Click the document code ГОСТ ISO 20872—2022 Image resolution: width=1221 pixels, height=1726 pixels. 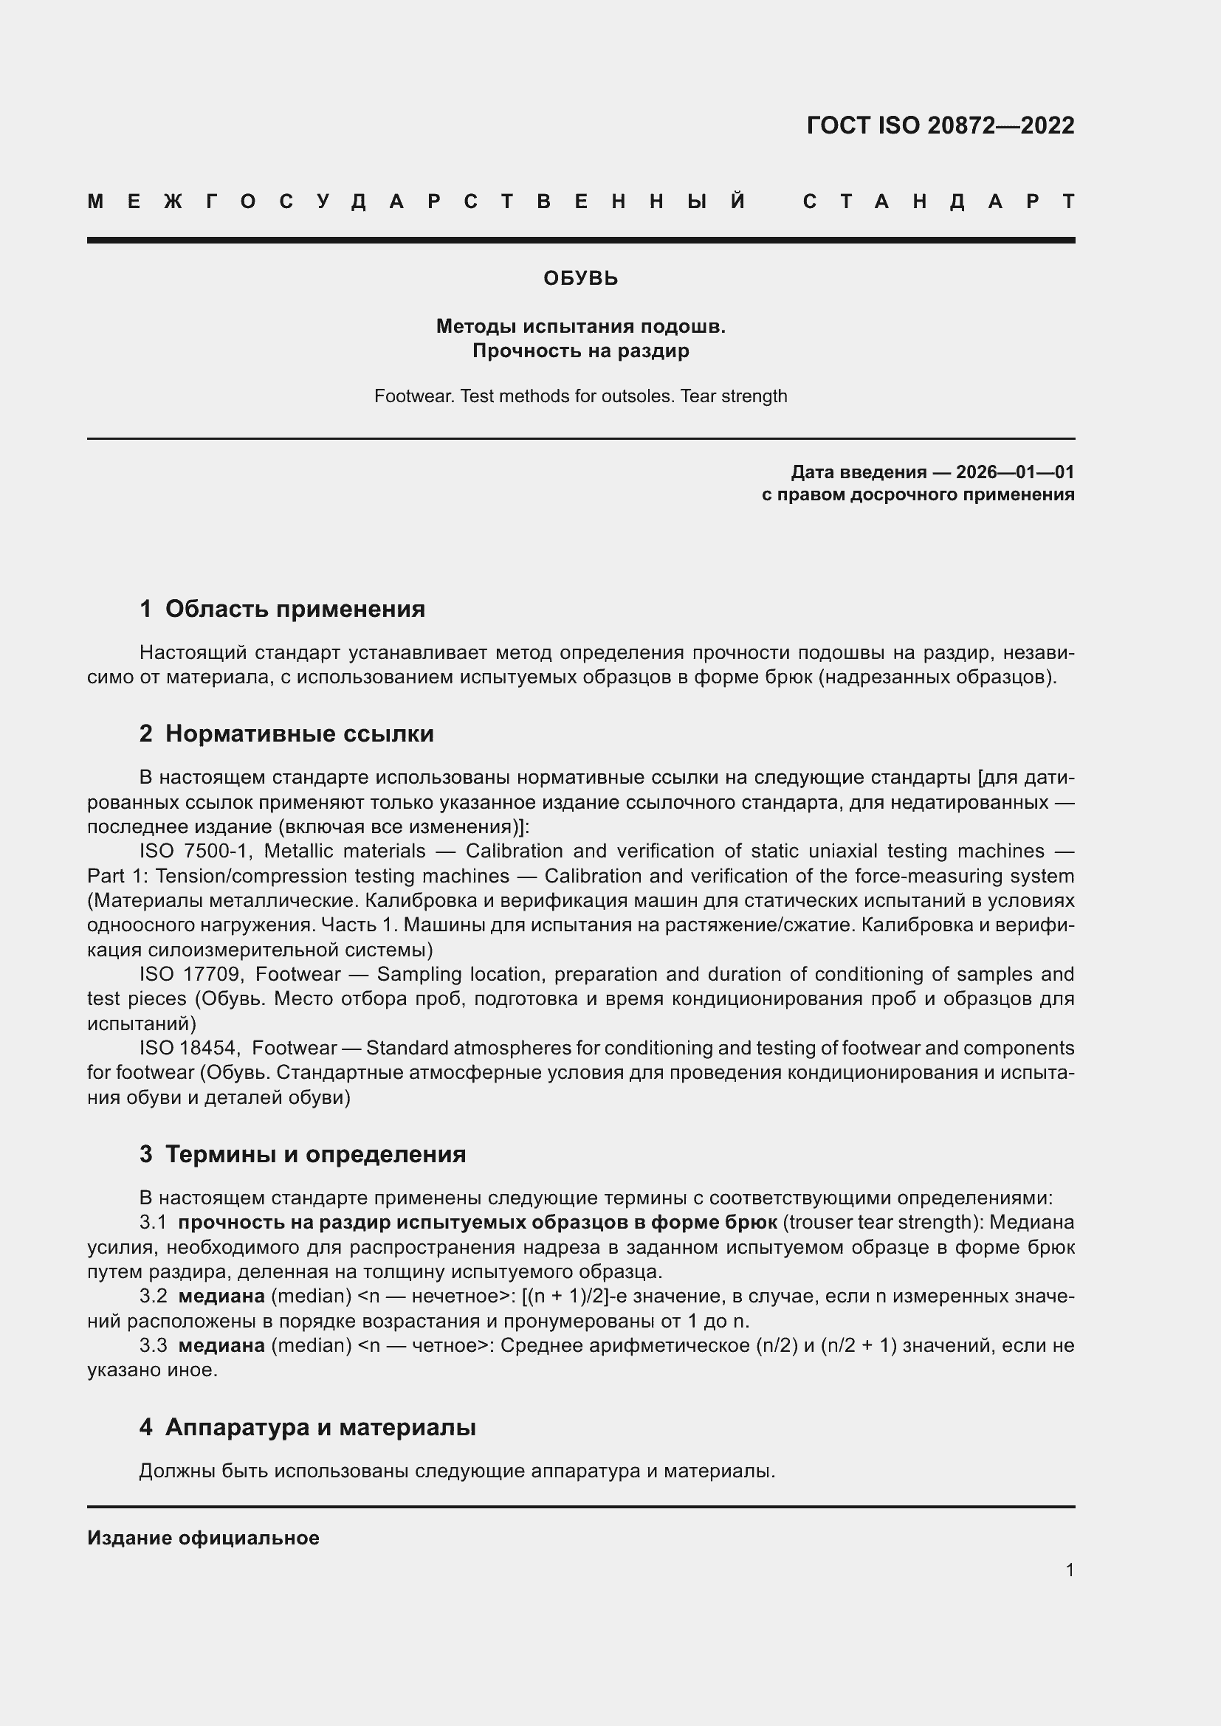pyautogui.click(x=940, y=125)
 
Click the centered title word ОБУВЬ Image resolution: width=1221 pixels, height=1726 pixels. pyautogui.click(x=580, y=278)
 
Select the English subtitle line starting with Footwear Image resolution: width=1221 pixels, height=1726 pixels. pyautogui.click(x=580, y=396)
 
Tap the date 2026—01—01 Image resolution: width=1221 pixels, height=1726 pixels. pyautogui.click(x=1015, y=472)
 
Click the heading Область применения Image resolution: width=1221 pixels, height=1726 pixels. pyautogui.click(x=295, y=609)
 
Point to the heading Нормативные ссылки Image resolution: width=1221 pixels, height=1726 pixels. pyautogui.click(x=299, y=733)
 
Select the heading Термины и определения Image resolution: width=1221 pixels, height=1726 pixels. pyautogui.click(x=315, y=1154)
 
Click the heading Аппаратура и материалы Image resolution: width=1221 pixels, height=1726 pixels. pyautogui.click(x=320, y=1427)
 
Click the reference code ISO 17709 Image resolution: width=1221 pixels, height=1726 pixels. pyautogui.click(x=190, y=974)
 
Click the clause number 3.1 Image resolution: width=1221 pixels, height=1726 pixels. pyautogui.click(x=153, y=1222)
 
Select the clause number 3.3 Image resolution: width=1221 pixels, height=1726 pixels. pyautogui.click(x=153, y=1345)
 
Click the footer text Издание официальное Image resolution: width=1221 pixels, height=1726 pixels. pyautogui.click(x=203, y=1538)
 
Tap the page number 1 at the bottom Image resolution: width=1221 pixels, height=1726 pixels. pyautogui.click(x=1069, y=1570)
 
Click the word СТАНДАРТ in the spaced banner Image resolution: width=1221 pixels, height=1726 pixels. pyautogui.click(x=938, y=201)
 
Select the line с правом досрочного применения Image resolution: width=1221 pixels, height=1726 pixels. pyautogui.click(x=918, y=494)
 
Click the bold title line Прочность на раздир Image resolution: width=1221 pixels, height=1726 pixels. pyautogui.click(x=580, y=351)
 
